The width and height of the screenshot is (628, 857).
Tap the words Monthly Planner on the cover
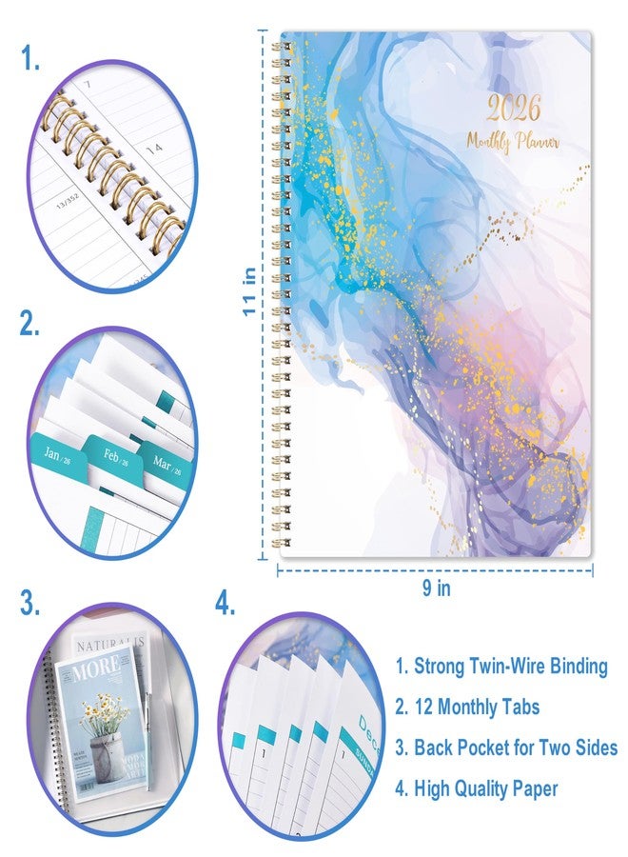[x=513, y=141]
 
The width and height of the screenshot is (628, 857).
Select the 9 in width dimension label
[x=437, y=588]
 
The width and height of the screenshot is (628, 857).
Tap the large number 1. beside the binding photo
[x=31, y=60]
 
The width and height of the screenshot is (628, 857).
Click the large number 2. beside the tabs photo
[x=32, y=324]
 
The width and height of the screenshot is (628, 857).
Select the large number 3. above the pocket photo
[x=32, y=603]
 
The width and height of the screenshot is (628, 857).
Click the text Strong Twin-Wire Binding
[x=500, y=666]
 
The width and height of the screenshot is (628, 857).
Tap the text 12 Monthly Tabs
[x=466, y=707]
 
